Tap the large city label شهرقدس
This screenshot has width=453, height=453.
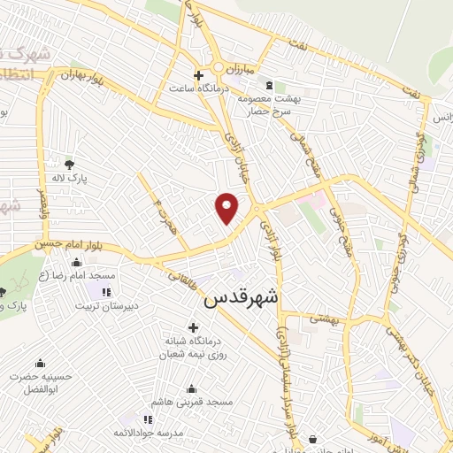tap(241, 299)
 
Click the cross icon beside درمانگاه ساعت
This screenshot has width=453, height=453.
tap(199, 76)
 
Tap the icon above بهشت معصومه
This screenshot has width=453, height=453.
tap(268, 85)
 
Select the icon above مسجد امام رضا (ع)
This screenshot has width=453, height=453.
tap(76, 261)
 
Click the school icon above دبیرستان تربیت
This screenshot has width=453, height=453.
tap(105, 292)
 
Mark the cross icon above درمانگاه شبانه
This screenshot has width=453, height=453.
tap(193, 328)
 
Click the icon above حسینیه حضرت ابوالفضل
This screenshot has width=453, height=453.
tap(39, 364)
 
